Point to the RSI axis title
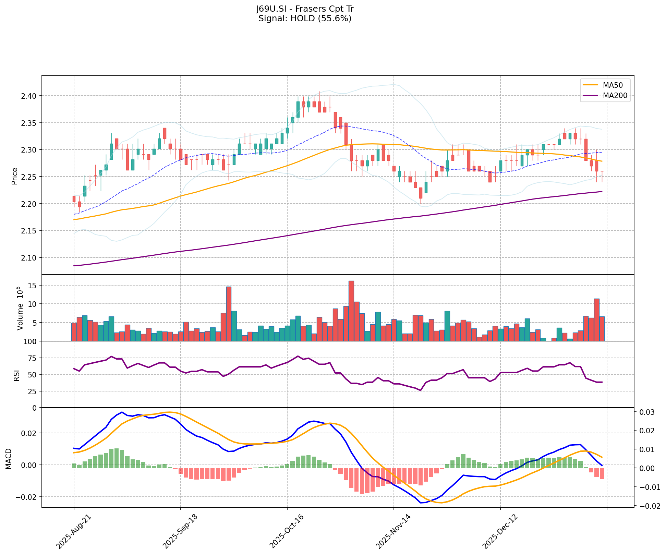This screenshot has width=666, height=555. point(16,375)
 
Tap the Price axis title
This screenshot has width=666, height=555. point(14,176)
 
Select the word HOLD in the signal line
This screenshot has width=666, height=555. point(303,19)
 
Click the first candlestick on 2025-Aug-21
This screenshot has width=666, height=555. point(74,199)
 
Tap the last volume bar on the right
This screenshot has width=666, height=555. point(602,329)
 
